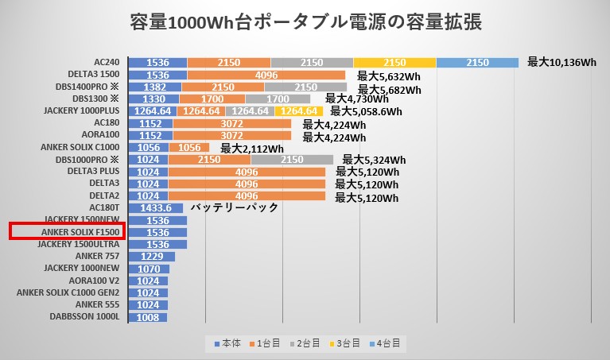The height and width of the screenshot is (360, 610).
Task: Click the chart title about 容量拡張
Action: (x=305, y=21)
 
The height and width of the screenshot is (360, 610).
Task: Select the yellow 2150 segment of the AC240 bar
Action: (x=394, y=62)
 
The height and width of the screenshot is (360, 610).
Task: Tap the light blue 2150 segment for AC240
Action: (x=477, y=62)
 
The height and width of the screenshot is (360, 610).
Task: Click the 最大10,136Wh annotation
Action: (x=561, y=62)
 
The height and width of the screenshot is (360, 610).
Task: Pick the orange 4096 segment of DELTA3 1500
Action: (x=266, y=75)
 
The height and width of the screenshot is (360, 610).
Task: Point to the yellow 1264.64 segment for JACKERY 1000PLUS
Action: (x=299, y=111)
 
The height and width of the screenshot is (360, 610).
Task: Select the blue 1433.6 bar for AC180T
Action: (x=155, y=208)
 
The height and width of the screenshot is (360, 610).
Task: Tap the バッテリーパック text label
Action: (x=235, y=208)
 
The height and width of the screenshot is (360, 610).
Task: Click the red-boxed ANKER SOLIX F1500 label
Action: (x=64, y=232)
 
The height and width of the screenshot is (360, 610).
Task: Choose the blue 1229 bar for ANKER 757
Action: (x=151, y=257)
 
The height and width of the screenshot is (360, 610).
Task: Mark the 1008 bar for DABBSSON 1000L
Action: (x=147, y=317)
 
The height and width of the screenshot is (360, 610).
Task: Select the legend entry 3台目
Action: (x=344, y=343)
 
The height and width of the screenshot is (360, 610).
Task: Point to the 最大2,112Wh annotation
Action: (x=252, y=148)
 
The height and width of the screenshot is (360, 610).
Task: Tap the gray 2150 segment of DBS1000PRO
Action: (x=291, y=160)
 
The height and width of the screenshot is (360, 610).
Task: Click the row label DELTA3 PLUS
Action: (x=93, y=172)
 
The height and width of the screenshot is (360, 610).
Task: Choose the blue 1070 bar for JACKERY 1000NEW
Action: (x=148, y=269)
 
